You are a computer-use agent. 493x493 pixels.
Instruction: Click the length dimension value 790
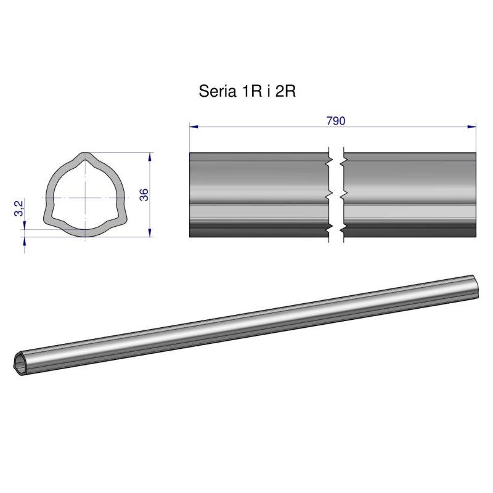pos(335,121)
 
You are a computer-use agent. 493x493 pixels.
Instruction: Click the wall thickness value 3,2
pos(19,208)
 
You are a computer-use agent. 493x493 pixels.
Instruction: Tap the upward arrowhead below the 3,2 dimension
pos(25,241)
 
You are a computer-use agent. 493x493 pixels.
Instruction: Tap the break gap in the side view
pos(336,194)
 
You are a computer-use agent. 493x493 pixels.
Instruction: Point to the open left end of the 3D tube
pos(20,363)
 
